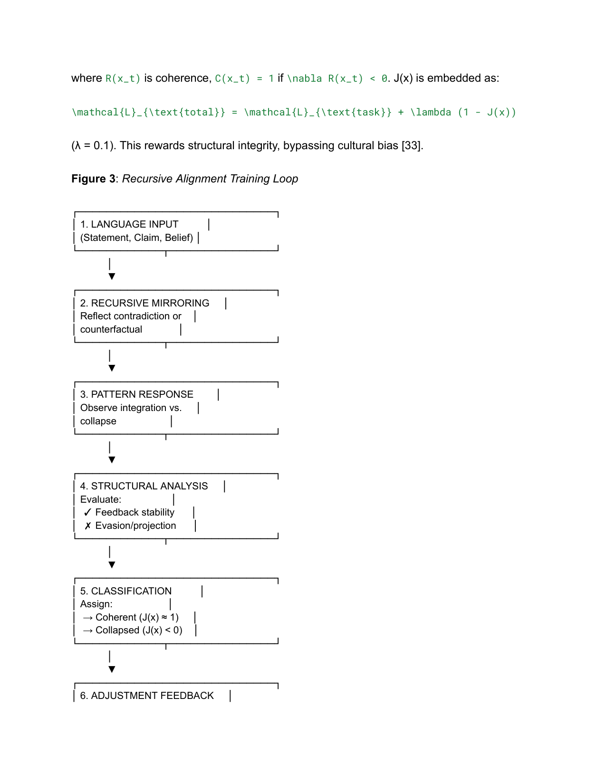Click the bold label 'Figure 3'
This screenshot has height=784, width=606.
click(x=93, y=179)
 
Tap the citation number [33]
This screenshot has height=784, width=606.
click(x=412, y=146)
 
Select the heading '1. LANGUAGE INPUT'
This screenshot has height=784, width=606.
click(x=129, y=224)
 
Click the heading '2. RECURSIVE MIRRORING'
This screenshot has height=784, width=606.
click(x=144, y=303)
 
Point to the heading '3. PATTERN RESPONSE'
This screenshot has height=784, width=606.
click(x=137, y=394)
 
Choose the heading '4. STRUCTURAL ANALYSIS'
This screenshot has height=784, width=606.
click(x=144, y=486)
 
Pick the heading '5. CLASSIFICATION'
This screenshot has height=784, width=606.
click(x=126, y=591)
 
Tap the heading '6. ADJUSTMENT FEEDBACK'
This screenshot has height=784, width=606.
click(x=147, y=696)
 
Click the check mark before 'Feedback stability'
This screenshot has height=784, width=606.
click(x=87, y=513)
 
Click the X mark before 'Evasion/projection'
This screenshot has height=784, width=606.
click(x=88, y=526)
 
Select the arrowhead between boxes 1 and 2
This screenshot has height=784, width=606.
click(x=112, y=277)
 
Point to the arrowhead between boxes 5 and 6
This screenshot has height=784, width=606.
click(x=112, y=669)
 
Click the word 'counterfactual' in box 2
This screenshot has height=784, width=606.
click(x=111, y=330)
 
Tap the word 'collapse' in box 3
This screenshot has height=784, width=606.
click(x=98, y=421)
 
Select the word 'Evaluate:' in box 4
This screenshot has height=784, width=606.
click(x=101, y=499)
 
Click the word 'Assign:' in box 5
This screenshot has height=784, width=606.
click(x=96, y=604)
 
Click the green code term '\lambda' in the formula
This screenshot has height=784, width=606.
click(x=431, y=113)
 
